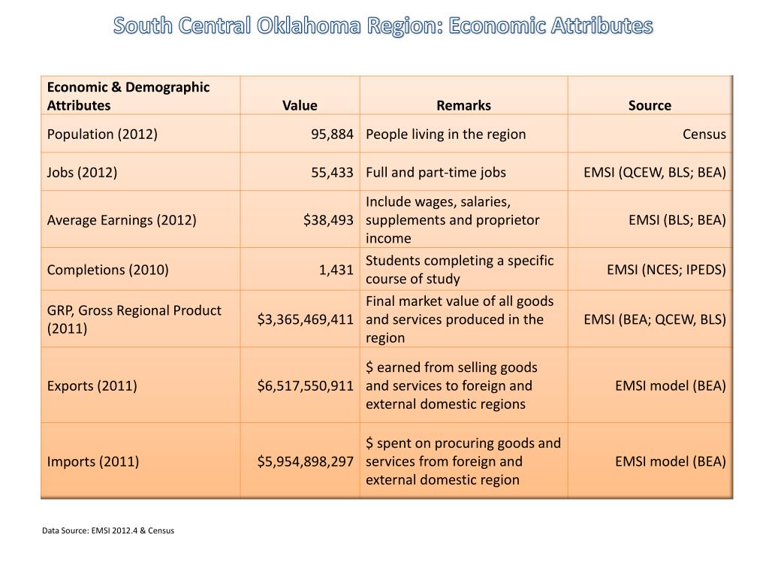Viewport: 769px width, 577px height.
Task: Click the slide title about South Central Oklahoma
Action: point(384,26)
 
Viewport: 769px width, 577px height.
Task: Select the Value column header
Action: point(300,105)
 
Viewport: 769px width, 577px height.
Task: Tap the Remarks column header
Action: point(463,105)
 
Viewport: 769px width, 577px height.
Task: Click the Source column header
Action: point(650,105)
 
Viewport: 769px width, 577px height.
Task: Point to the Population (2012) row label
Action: point(102,134)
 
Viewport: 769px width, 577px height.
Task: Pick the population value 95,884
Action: point(332,134)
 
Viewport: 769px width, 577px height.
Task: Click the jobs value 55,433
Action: point(332,172)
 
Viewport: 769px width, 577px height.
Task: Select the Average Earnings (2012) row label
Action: point(122,220)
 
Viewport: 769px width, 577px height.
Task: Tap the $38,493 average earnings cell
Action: point(328,220)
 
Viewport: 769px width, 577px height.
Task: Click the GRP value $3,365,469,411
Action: point(305,319)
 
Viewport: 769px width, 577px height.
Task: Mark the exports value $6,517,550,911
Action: point(305,386)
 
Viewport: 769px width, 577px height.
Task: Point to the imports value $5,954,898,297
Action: point(305,461)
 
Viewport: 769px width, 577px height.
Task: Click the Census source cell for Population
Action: point(704,134)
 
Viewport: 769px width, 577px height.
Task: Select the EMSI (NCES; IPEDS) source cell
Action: point(666,270)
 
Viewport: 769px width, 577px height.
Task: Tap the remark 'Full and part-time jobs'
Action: point(436,172)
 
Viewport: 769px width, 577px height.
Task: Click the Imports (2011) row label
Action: point(93,461)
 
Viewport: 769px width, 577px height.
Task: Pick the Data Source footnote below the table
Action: point(108,530)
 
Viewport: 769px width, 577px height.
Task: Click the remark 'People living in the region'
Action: point(445,134)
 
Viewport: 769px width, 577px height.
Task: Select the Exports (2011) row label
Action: point(92,386)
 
